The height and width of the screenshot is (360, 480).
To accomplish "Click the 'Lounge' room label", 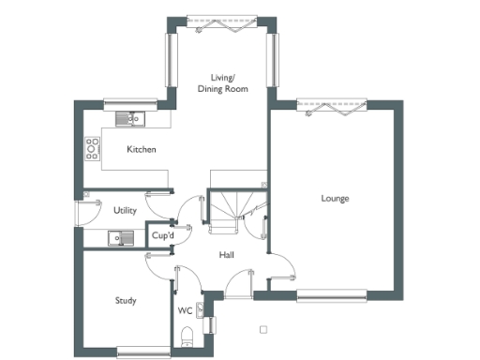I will pos(335,198).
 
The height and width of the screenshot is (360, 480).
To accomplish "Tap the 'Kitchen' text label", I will pos(142,150).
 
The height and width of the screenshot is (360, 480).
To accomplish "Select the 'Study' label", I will pos(126,301).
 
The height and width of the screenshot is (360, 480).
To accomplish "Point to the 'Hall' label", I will pos(227,255).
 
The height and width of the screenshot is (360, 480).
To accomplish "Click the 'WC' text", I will pos(185,310).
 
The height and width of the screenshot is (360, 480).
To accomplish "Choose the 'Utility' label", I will pos(125,211).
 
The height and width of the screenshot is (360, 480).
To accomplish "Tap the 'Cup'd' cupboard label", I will pos(163,236).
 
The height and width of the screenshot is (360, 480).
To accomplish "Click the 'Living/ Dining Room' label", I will pos(222,82).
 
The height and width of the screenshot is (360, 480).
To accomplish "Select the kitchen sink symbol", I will pos(127,118).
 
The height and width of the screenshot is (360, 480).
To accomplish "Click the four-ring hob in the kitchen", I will pos(93,147).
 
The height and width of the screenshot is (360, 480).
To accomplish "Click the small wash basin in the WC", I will pos(211,327).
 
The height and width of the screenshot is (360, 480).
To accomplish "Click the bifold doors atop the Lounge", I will pos(334,104).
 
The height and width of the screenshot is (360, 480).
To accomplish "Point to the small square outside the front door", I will pos(263,329).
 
